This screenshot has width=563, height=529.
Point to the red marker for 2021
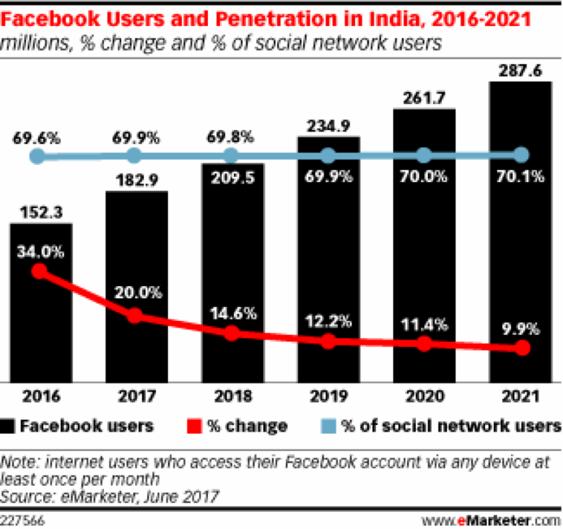pos(522,348)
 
